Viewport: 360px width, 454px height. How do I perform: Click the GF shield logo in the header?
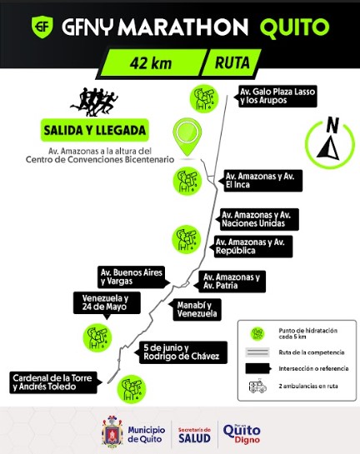[x=42, y=27]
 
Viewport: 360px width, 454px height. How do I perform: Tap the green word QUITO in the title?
[x=294, y=27]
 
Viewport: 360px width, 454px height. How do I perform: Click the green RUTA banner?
[x=231, y=62]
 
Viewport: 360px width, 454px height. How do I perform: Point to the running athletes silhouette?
[x=94, y=102]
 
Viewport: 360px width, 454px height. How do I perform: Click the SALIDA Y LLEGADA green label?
[x=95, y=130]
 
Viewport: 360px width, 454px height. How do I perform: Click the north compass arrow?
[x=328, y=148]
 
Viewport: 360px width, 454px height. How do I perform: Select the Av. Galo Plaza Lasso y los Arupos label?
[x=277, y=96]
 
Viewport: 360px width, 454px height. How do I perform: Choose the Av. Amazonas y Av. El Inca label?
[x=262, y=181]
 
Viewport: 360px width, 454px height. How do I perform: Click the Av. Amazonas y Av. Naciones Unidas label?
[x=258, y=219]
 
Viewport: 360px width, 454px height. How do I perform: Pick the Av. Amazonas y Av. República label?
[x=252, y=247]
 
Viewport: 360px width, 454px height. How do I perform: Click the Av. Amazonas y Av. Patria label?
[x=231, y=282]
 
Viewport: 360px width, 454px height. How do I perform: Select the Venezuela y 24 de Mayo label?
[x=107, y=303]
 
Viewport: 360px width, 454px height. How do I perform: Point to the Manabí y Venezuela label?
[x=196, y=310]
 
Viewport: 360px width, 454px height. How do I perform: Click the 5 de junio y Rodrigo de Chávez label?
[x=182, y=352]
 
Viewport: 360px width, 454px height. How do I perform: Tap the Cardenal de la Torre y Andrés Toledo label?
[x=55, y=382]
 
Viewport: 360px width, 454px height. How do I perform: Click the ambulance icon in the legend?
[x=257, y=386]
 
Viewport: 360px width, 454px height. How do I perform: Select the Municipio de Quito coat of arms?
[x=112, y=432]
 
